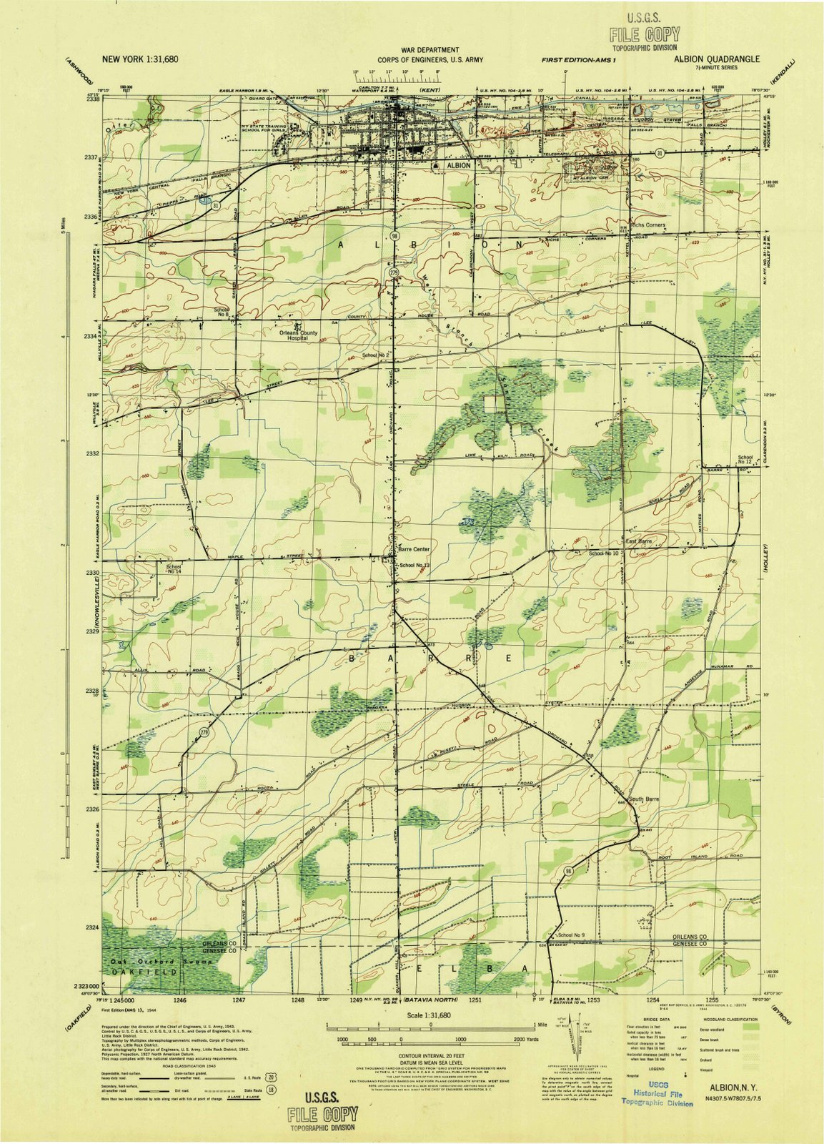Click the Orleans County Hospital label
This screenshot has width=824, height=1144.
tap(299, 335)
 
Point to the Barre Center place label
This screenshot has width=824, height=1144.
tap(414, 549)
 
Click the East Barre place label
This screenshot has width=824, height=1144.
tap(640, 542)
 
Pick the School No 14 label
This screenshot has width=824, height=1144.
tap(174, 569)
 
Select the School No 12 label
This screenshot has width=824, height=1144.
tap(745, 460)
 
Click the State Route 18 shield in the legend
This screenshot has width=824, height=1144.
tap(271, 1090)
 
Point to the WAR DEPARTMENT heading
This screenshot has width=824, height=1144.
tap(430, 51)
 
